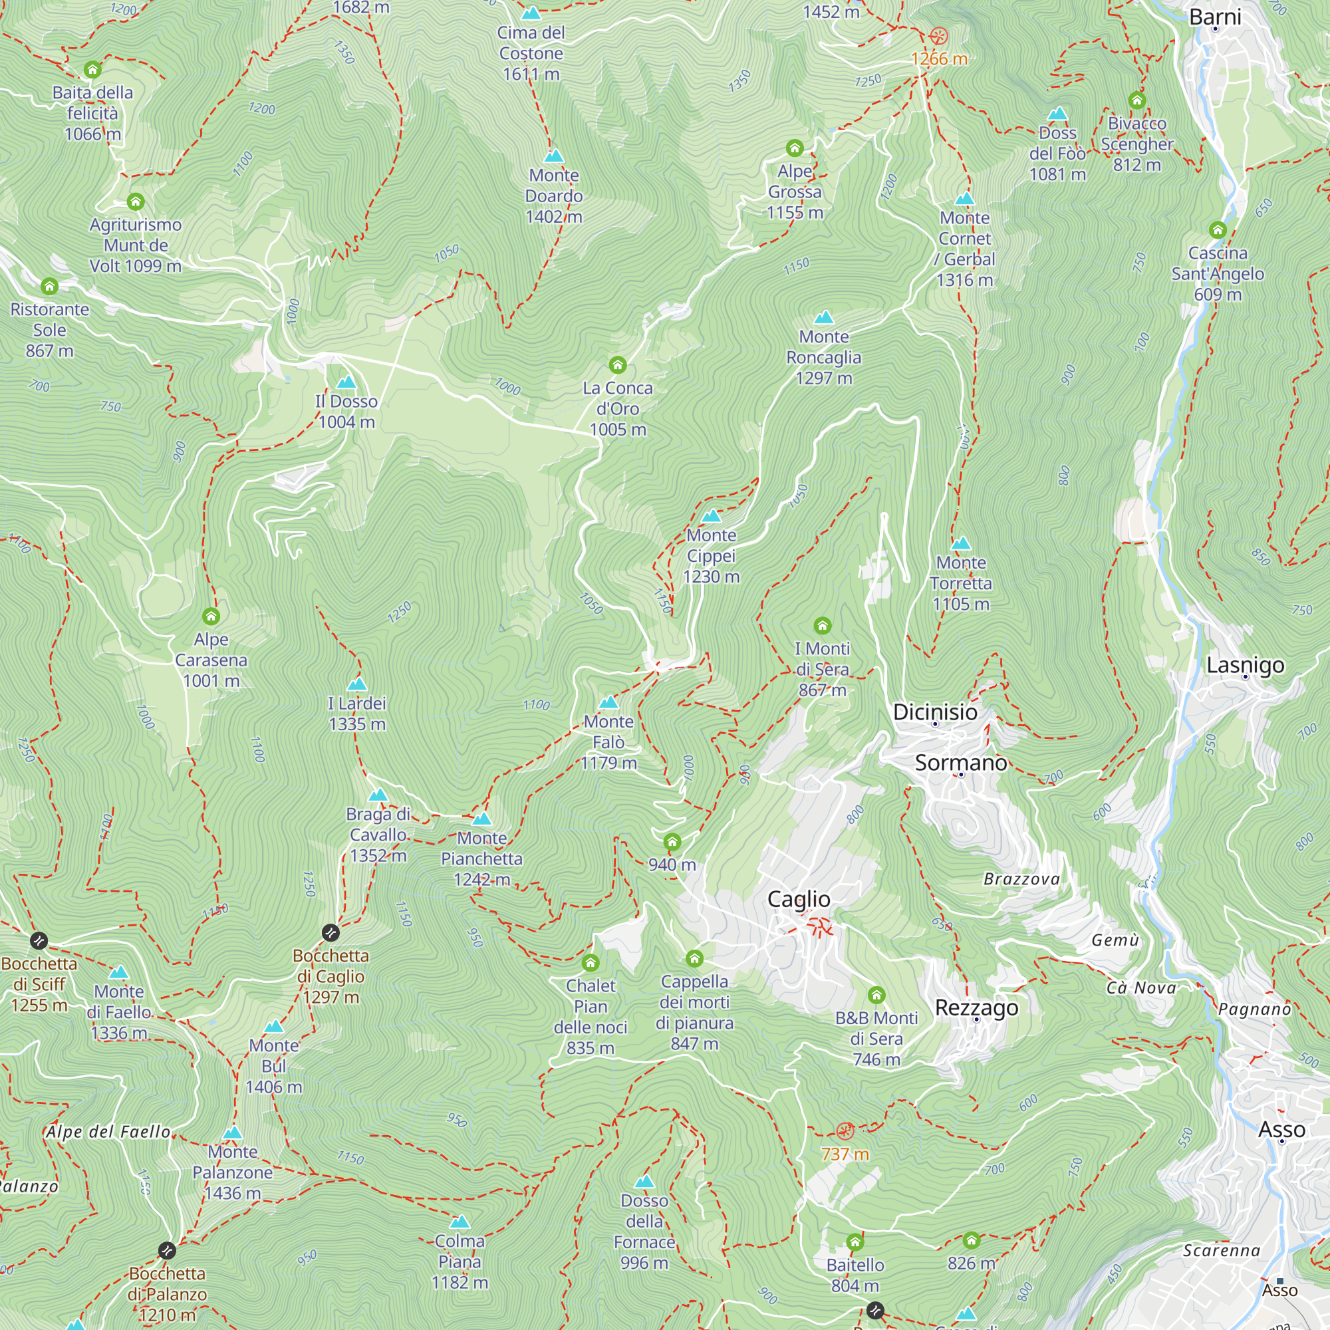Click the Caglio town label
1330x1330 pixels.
click(x=799, y=899)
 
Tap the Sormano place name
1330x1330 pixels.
click(x=960, y=763)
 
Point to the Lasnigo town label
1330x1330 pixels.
click(x=1245, y=665)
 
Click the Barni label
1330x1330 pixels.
click(x=1215, y=17)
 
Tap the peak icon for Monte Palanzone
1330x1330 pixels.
click(x=233, y=1132)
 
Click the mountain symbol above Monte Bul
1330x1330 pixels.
click(x=274, y=1026)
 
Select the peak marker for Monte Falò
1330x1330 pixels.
click(x=608, y=702)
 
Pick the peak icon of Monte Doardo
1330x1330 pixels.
click(x=553, y=156)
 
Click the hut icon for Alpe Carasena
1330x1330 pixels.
click(x=211, y=616)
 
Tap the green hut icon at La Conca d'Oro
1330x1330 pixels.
click(x=618, y=364)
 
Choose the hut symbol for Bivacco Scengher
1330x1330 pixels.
click(x=1136, y=100)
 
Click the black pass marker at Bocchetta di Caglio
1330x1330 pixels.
click(x=331, y=933)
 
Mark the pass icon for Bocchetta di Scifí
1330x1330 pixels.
click(x=39, y=940)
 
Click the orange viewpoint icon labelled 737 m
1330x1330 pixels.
click(x=845, y=1130)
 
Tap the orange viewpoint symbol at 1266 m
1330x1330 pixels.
click(x=938, y=37)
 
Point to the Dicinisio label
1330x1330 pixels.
click(x=934, y=712)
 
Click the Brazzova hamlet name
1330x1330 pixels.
click(x=1021, y=879)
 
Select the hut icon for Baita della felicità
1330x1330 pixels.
click(x=92, y=70)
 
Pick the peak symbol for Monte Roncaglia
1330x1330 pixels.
click(x=823, y=317)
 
